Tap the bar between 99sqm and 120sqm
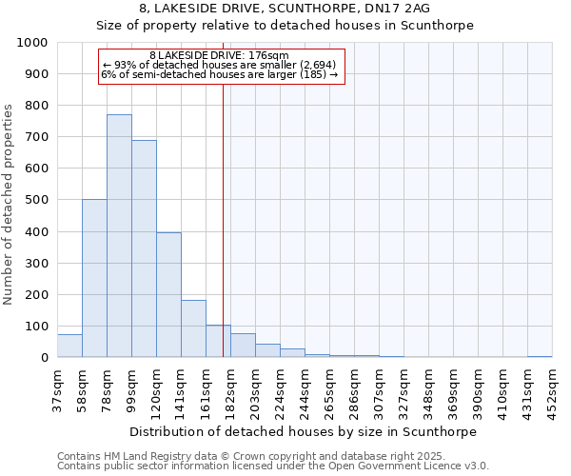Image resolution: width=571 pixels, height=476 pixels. pyautogui.click(x=144, y=248)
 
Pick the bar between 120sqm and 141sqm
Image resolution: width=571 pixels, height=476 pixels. pyautogui.click(x=168, y=295)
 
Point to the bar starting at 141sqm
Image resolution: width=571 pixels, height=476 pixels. pyautogui.click(x=193, y=328)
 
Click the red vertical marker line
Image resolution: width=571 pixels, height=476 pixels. pyautogui.click(x=223, y=219)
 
